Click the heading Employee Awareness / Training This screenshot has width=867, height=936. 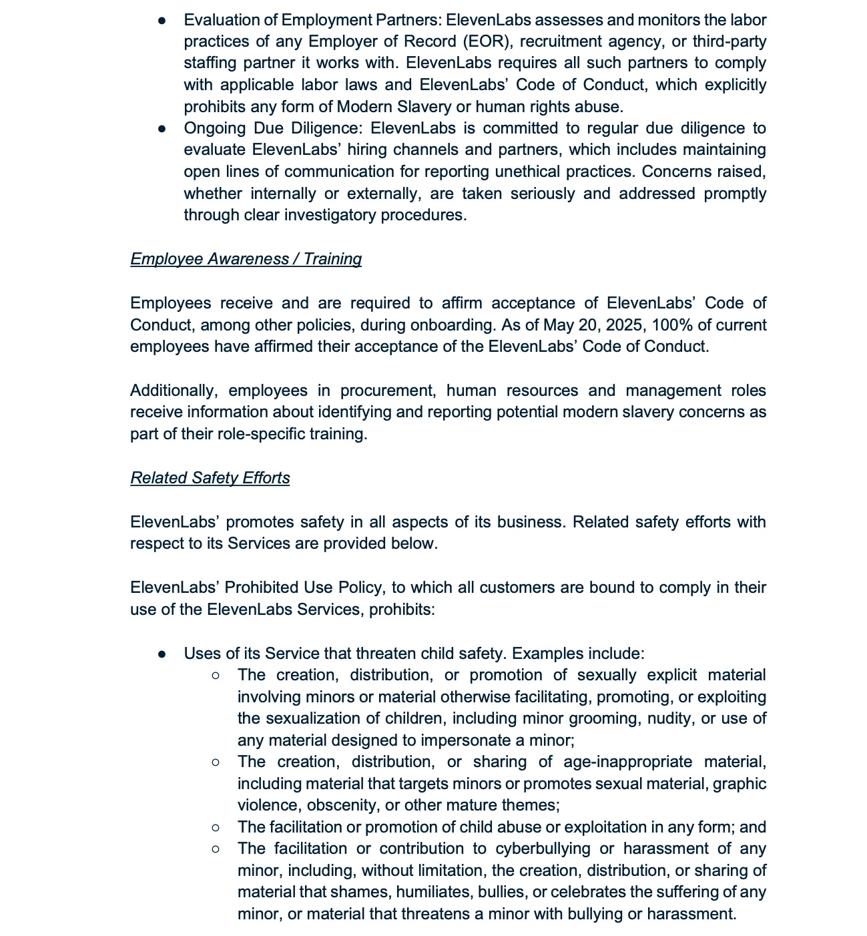[246, 259]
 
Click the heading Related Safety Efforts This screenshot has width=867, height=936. [210, 478]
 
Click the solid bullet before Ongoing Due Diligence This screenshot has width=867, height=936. [162, 128]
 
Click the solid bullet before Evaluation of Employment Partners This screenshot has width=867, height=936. [162, 20]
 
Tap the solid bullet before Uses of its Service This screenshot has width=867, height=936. [162, 654]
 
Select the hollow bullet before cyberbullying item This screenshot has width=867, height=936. [215, 849]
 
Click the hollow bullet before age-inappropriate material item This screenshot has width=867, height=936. [215, 762]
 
